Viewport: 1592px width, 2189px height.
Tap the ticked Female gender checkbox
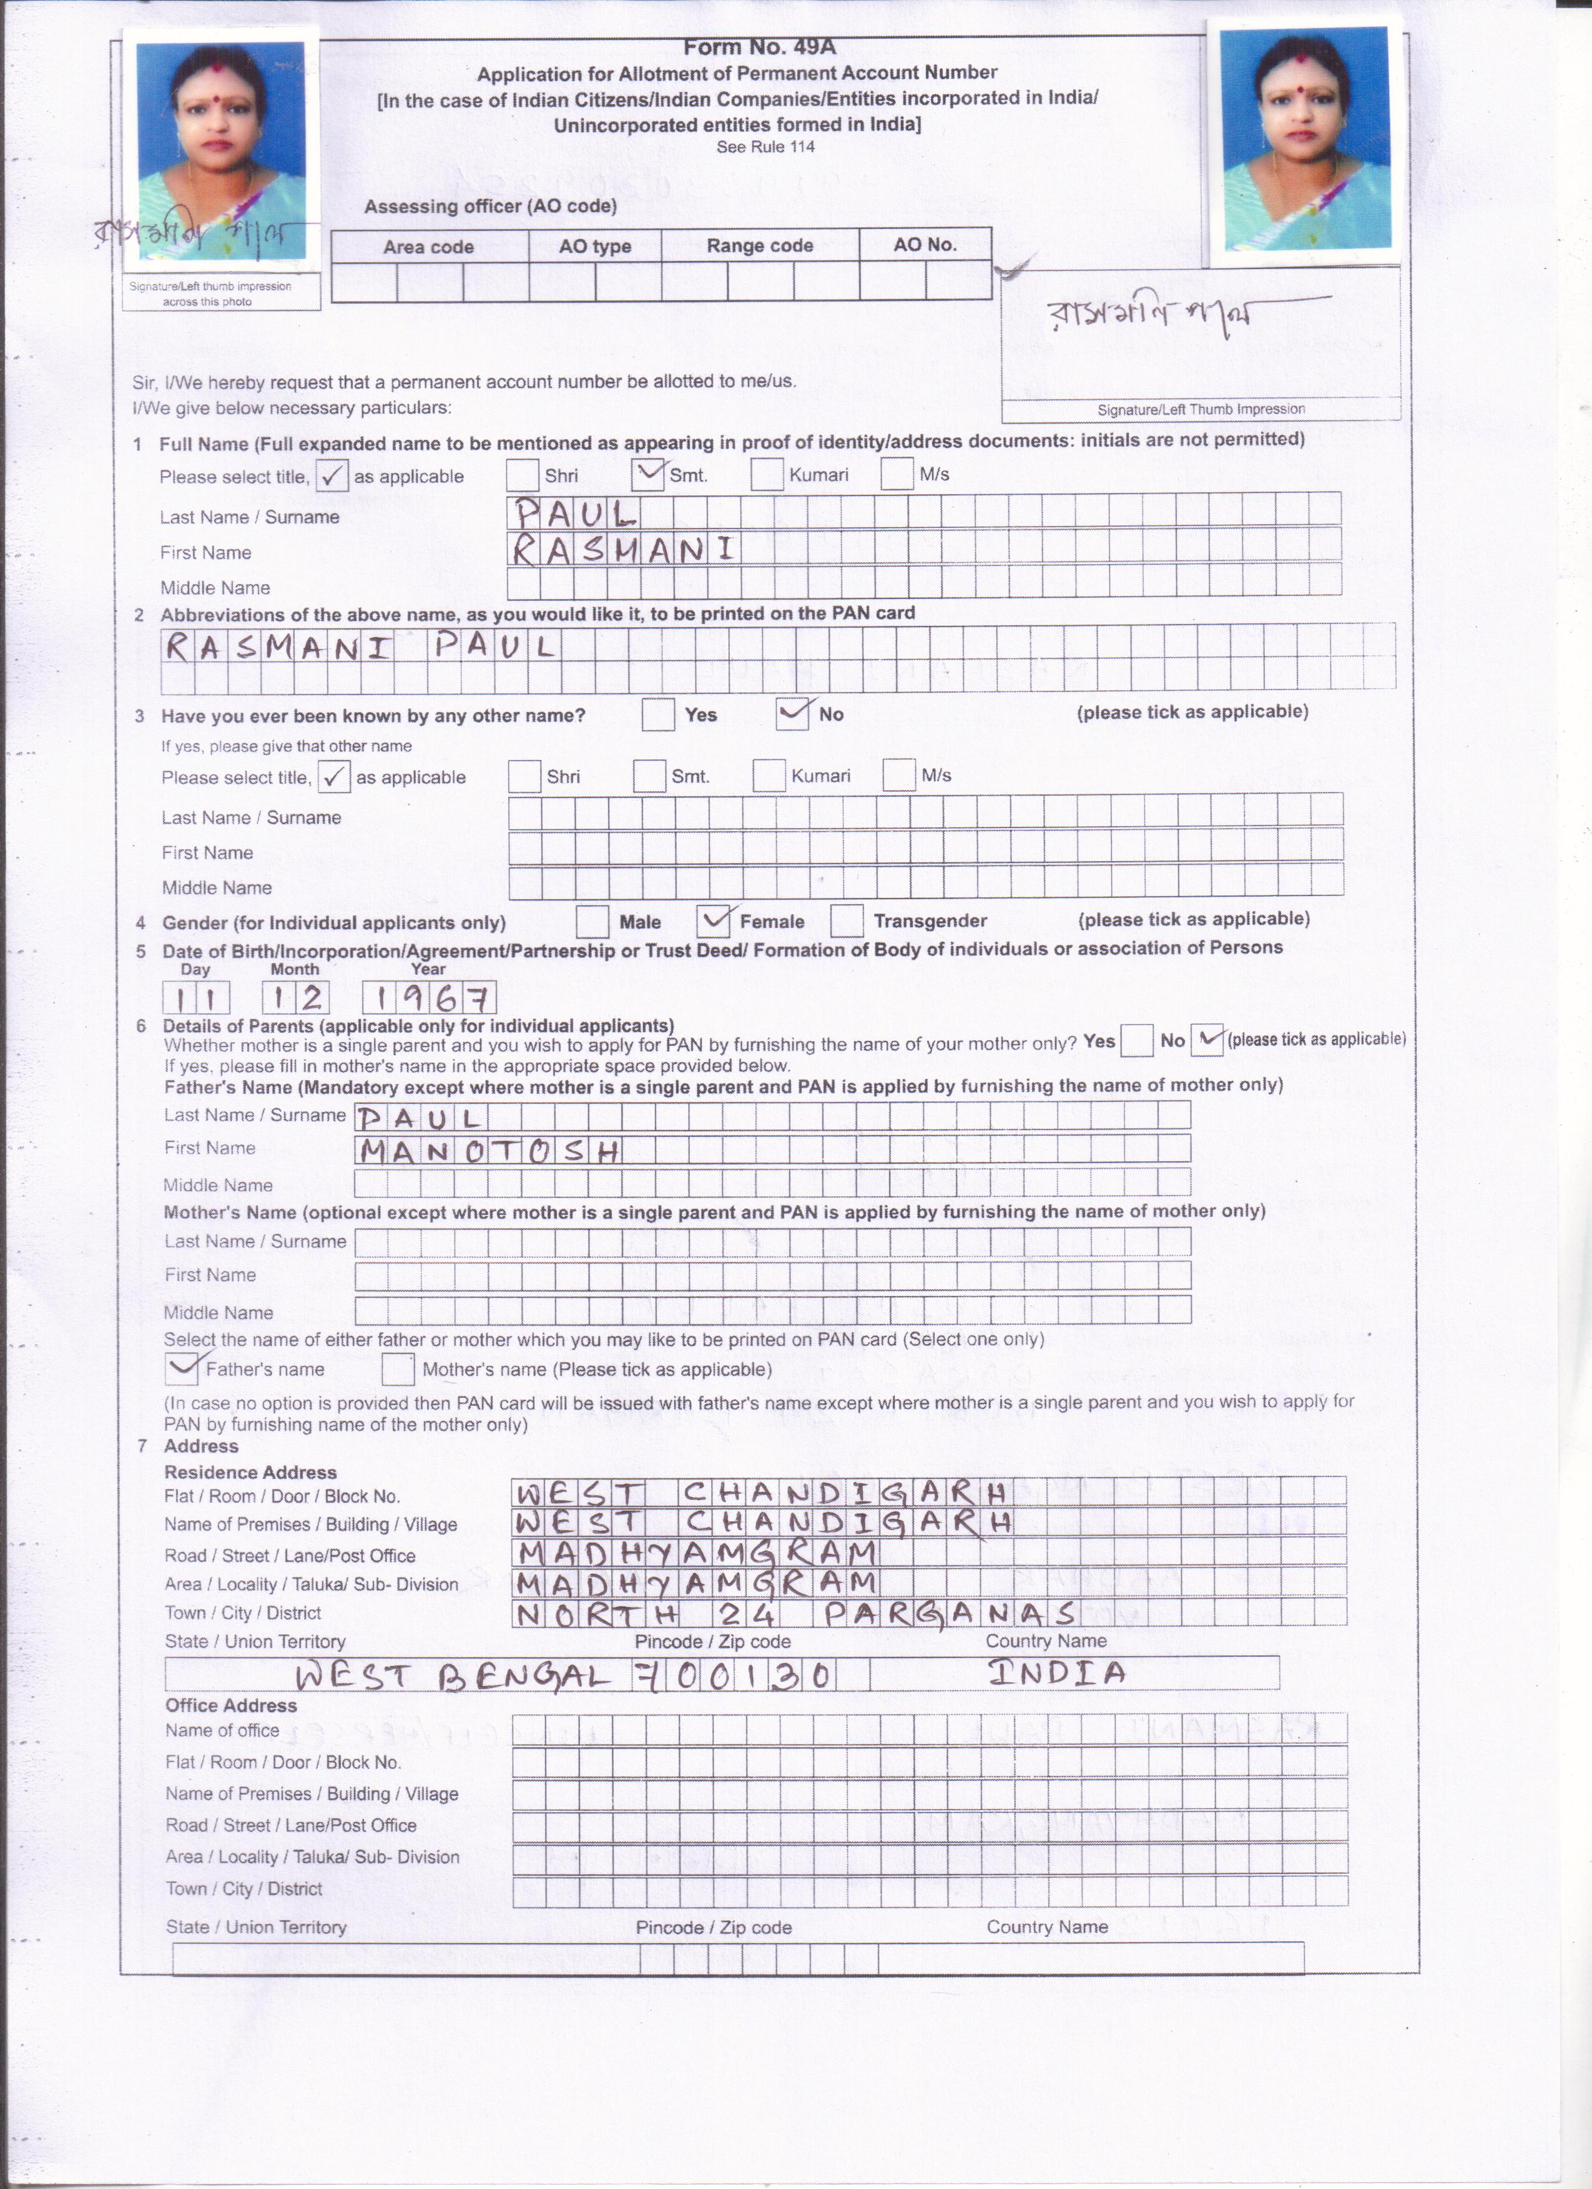(714, 921)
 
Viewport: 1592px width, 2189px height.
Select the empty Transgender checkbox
(847, 921)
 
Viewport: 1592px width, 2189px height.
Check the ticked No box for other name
(792, 714)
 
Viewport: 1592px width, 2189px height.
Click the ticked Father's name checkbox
(182, 1368)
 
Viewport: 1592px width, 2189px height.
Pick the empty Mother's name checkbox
(398, 1368)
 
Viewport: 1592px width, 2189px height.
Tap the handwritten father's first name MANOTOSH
(488, 1151)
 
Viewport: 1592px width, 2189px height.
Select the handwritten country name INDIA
(1056, 1672)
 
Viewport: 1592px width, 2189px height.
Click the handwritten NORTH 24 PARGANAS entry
(797, 1614)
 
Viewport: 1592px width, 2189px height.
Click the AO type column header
(595, 246)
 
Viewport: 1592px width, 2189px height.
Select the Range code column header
(760, 246)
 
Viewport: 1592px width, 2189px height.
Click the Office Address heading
(231, 1705)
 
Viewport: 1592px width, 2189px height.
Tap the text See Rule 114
(765, 147)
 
